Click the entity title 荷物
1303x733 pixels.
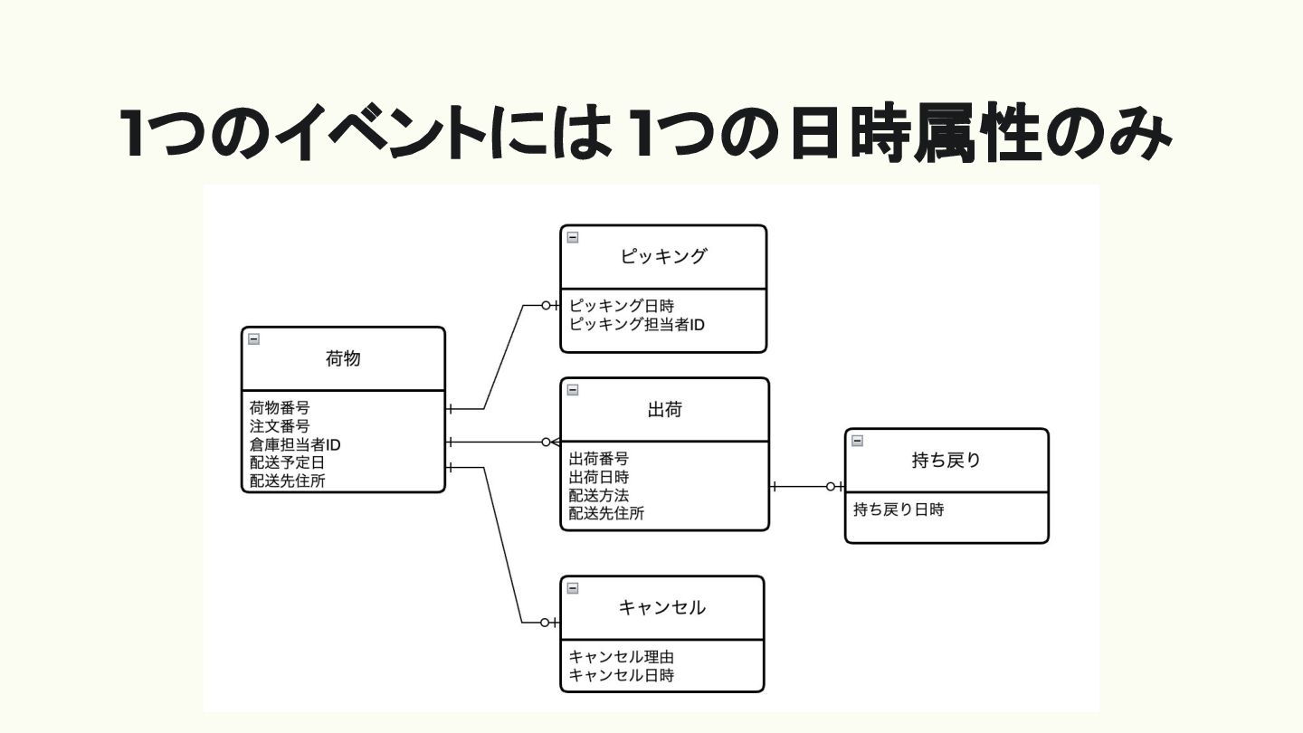343,359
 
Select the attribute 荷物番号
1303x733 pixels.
280,408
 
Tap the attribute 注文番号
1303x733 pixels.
280,426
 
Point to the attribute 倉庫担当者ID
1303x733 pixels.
295,445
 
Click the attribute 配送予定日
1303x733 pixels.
287,463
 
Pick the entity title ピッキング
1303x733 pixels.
663,257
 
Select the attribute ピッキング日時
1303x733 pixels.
622,306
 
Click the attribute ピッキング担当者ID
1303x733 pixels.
637,324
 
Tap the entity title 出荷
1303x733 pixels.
665,410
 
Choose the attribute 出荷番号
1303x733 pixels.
599,459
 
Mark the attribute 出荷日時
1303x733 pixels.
599,477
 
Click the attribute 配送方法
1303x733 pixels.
599,496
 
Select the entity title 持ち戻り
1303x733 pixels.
946,461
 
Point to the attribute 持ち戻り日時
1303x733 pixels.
899,510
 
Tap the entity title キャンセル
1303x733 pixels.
662,608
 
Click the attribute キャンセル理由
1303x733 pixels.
622,657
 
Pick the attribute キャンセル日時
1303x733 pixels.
622,675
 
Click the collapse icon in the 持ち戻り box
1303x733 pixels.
858,441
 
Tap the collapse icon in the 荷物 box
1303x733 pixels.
254,339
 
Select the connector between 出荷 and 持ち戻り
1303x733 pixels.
805,487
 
